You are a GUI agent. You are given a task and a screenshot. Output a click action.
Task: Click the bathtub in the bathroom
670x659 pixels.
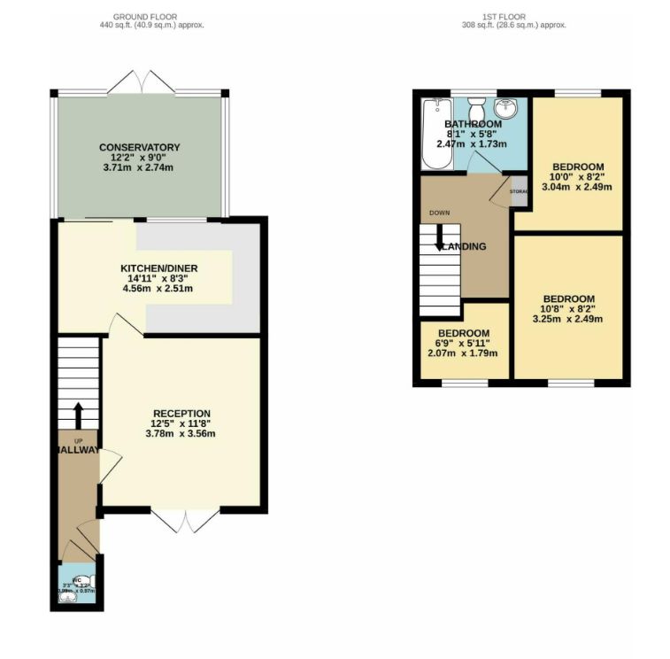point(437,134)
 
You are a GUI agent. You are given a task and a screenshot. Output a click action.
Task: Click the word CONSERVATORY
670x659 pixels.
point(139,147)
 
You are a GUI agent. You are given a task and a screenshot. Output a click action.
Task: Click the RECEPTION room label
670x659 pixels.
point(181,414)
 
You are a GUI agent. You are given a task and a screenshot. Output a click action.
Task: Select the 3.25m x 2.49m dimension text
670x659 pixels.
point(568,319)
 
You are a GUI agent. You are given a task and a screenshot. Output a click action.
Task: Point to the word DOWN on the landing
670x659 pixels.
point(439,213)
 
